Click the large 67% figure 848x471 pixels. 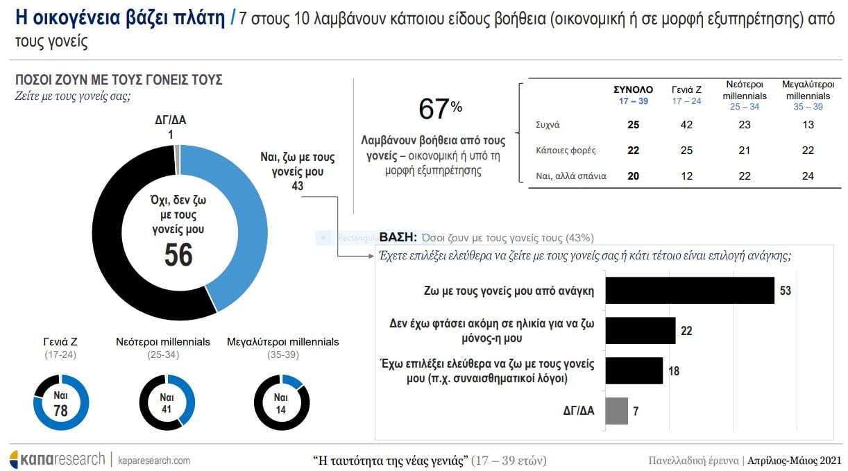click(x=440, y=110)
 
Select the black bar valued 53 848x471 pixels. click(x=690, y=291)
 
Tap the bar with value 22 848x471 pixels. click(x=641, y=331)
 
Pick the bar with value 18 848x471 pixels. click(x=634, y=370)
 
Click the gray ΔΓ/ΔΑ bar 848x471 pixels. click(x=617, y=411)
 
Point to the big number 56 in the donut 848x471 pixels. click(x=178, y=255)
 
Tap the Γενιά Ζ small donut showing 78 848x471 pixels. click(x=61, y=402)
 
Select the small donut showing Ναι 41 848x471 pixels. click(x=167, y=402)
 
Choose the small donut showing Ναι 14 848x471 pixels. click(x=281, y=402)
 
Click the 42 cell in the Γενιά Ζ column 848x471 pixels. click(x=687, y=125)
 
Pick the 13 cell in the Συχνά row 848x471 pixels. click(x=808, y=125)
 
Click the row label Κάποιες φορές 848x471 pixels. click(x=566, y=151)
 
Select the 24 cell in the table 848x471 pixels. click(x=808, y=176)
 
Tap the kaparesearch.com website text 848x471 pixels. click(x=154, y=461)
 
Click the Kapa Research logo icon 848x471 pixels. click(x=15, y=459)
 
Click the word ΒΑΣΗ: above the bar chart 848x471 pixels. click(x=398, y=237)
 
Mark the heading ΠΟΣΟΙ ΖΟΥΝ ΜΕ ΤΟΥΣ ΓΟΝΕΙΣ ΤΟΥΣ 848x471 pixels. click(x=119, y=80)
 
